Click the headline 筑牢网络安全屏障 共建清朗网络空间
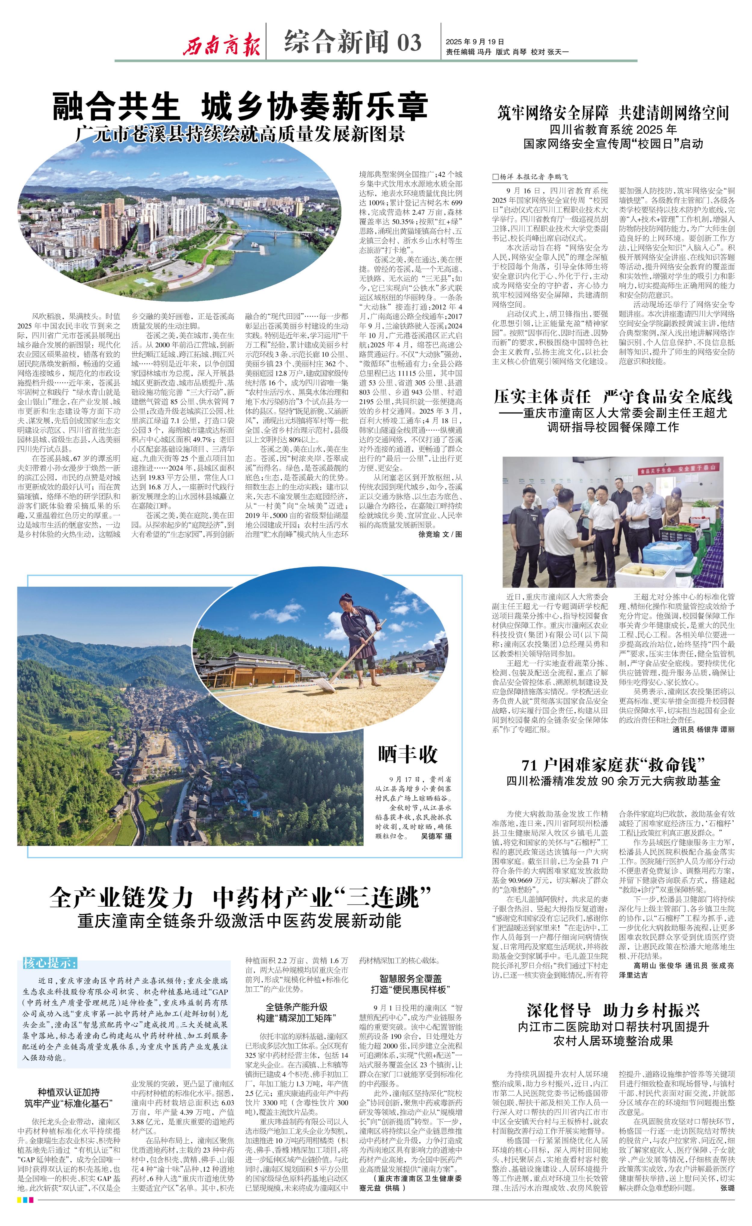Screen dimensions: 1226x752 (x=613, y=113)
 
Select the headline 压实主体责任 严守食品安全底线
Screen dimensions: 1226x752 (x=613, y=397)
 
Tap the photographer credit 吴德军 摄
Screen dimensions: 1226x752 (x=436, y=836)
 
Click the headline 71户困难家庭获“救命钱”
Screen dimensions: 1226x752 (x=613, y=765)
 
